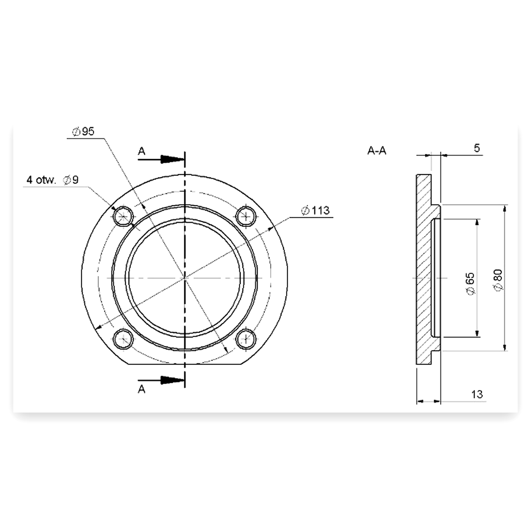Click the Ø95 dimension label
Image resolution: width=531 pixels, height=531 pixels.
(x=83, y=132)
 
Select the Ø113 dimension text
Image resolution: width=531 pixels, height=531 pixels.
(x=315, y=211)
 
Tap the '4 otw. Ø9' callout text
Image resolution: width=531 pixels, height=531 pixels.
(x=52, y=180)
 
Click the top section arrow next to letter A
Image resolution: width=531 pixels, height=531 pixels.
(x=161, y=159)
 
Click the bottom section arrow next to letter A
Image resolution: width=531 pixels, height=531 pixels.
(x=161, y=380)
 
